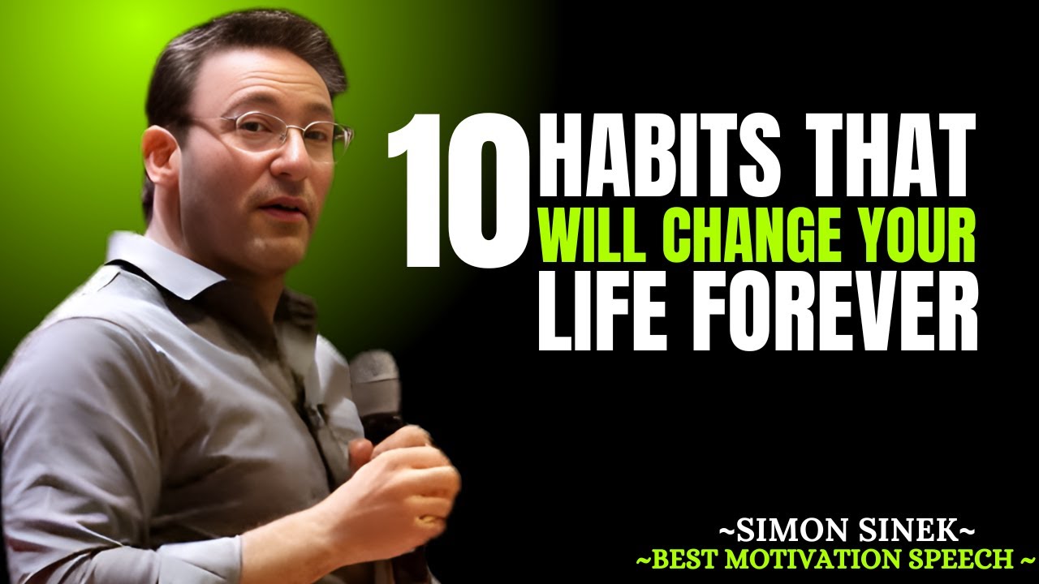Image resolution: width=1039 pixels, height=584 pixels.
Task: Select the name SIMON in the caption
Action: click(x=779, y=533)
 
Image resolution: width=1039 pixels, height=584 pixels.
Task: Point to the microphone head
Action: click(x=374, y=377)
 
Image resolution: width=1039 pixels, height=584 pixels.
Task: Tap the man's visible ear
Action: click(x=160, y=161)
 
